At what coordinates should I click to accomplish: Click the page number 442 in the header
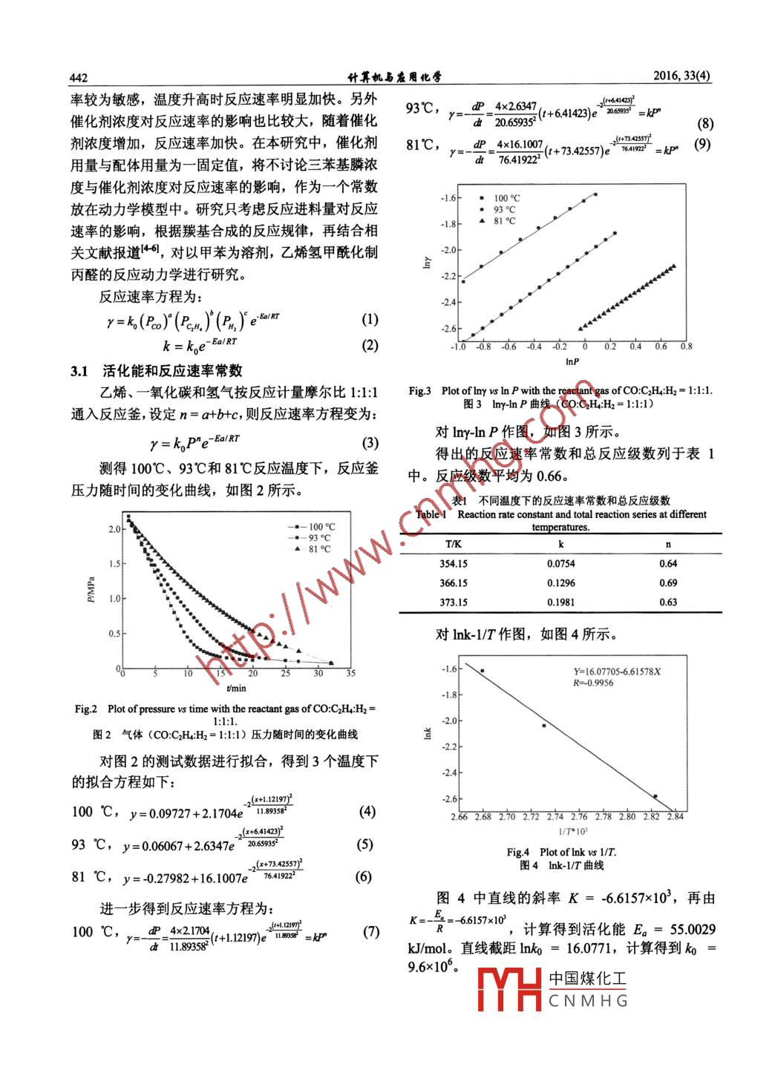click(79, 78)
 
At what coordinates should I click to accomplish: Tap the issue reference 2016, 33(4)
click(681, 76)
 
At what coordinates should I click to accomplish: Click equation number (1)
click(369, 320)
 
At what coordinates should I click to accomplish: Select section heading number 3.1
click(79, 371)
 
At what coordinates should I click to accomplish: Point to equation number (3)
click(369, 443)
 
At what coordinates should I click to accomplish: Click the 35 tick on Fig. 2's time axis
click(350, 673)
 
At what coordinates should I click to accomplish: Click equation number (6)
click(363, 876)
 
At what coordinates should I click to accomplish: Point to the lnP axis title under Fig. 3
click(572, 361)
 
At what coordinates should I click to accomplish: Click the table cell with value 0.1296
click(560, 583)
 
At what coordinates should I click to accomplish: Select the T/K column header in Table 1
click(453, 545)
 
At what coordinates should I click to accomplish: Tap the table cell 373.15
click(453, 603)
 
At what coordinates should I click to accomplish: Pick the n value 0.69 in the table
click(668, 583)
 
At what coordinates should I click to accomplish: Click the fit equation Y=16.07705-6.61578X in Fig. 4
click(616, 672)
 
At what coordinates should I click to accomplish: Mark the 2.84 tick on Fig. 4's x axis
click(675, 817)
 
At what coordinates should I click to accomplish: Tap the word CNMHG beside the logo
click(588, 1001)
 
